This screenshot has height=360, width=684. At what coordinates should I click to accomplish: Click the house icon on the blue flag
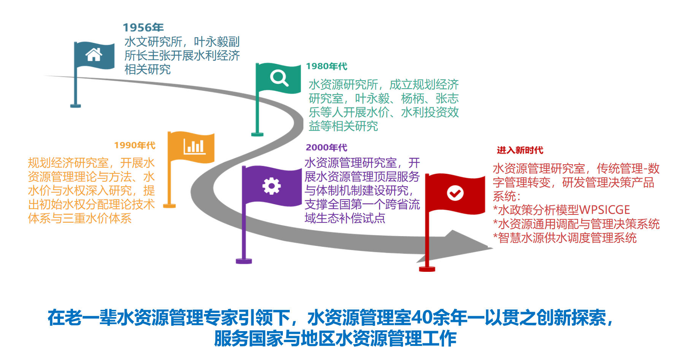(x=94, y=55)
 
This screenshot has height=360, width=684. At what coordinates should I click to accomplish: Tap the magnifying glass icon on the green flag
(x=279, y=78)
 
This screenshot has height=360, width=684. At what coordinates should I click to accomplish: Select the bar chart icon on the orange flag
(x=194, y=146)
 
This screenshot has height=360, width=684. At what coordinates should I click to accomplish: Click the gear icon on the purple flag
(x=271, y=186)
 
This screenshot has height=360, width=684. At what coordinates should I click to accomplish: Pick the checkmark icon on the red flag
(x=455, y=193)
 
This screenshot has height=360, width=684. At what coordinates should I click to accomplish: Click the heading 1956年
(x=143, y=27)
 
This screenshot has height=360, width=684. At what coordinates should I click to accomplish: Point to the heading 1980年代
(x=327, y=66)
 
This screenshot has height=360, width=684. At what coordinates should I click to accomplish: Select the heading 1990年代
(x=135, y=145)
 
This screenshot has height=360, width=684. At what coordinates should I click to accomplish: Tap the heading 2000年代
(x=326, y=147)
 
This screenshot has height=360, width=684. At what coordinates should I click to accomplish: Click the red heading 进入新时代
(x=520, y=150)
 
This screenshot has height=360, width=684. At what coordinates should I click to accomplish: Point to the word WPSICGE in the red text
(x=605, y=210)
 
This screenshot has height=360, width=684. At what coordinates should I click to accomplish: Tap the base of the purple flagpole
(x=244, y=261)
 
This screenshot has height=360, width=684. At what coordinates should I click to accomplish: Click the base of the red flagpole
(x=427, y=269)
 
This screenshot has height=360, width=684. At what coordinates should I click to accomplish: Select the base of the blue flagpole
(x=76, y=105)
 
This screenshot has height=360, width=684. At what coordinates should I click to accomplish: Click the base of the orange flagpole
(x=169, y=206)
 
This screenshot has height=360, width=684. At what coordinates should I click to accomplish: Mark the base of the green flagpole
(x=257, y=134)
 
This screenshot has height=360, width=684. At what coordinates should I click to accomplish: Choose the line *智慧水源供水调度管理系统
(x=565, y=238)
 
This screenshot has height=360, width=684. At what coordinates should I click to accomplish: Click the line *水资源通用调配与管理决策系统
(x=576, y=224)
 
